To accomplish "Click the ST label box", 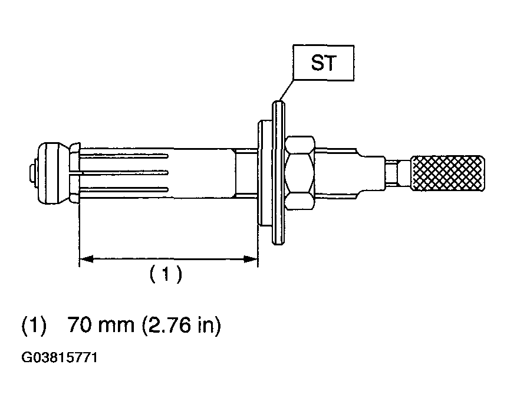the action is coord(323,63).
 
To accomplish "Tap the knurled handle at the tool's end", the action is coord(447,173).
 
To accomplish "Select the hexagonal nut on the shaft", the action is coord(299,173).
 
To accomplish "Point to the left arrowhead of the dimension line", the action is coord(86,259).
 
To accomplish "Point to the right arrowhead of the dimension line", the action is coord(251,259).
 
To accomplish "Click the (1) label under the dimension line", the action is coord(166,274).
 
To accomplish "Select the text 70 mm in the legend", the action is coord(101,325).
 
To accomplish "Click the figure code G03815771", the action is coord(59,358).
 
